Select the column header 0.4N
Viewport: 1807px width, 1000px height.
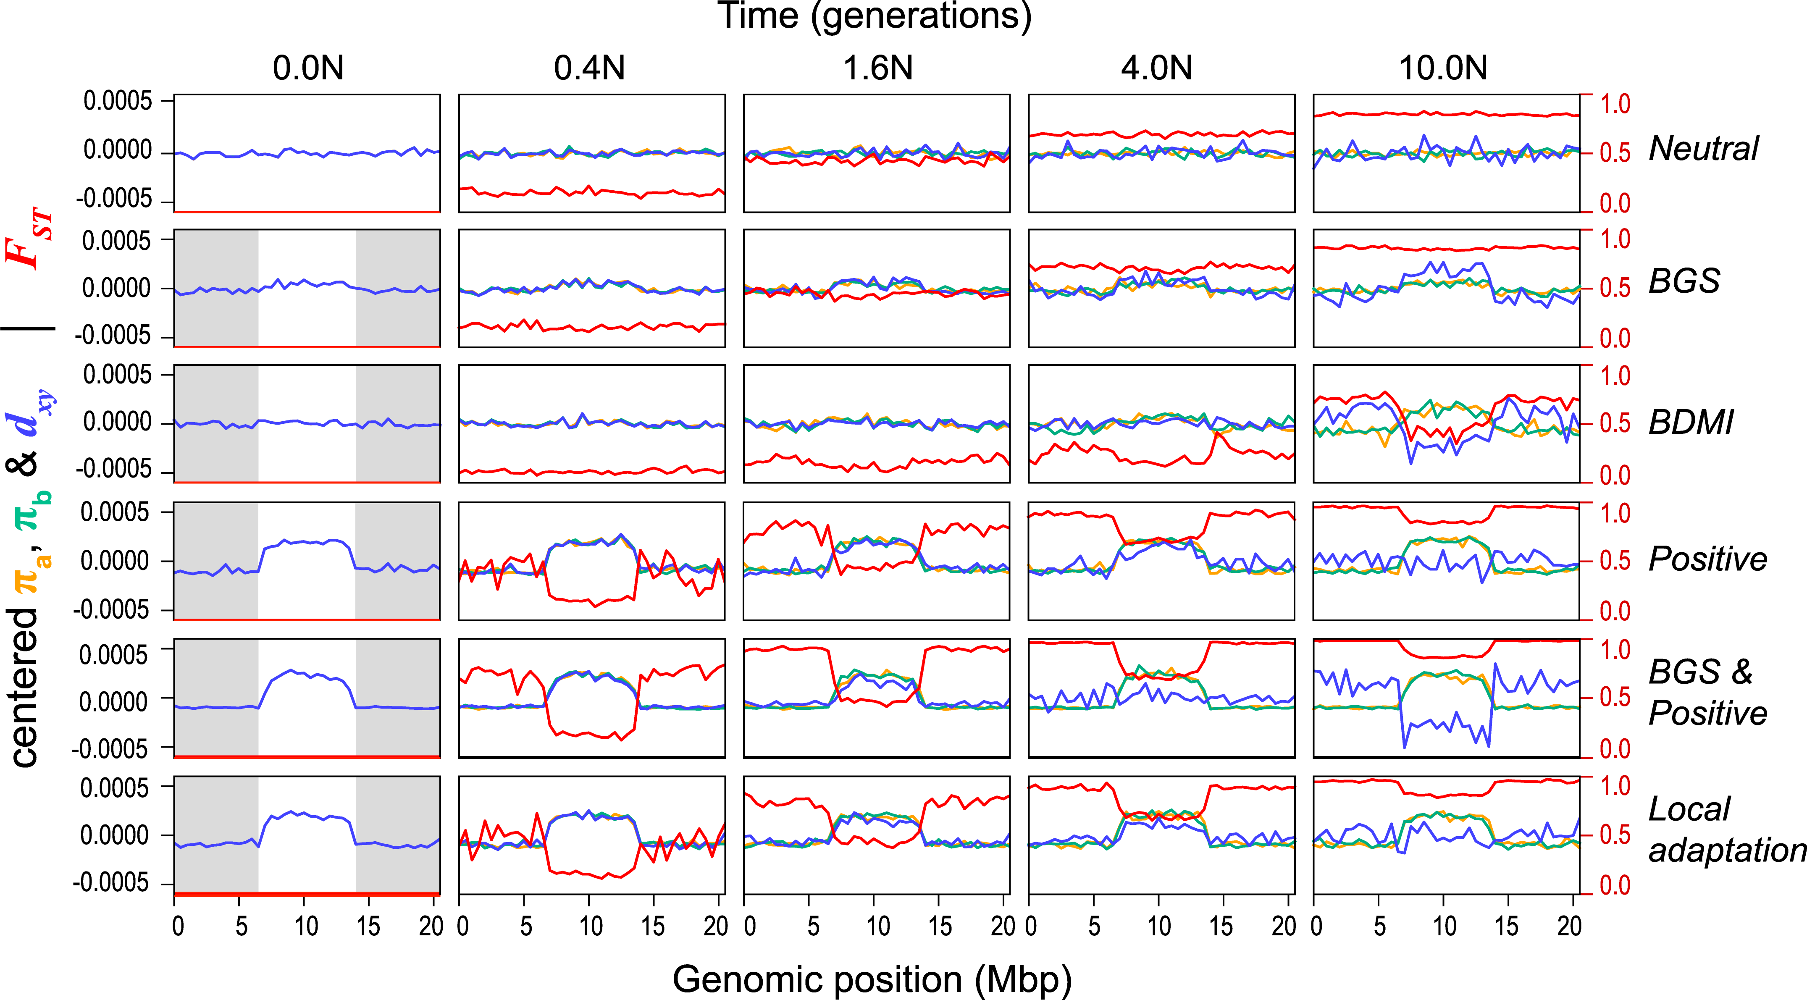point(589,68)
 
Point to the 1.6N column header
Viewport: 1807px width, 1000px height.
point(877,68)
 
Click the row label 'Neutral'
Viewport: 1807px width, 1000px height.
point(1703,149)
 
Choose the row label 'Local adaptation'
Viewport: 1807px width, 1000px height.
point(1726,829)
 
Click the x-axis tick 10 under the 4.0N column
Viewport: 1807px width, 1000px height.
point(1159,927)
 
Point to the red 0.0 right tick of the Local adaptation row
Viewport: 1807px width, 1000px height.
point(1615,885)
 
